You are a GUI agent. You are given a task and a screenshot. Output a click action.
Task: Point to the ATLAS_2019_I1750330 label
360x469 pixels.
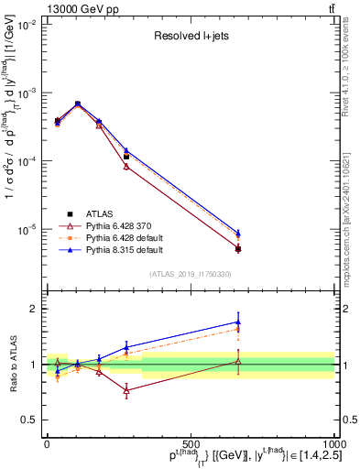point(191,274)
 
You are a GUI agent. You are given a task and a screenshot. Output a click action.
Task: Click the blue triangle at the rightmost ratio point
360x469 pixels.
point(238,322)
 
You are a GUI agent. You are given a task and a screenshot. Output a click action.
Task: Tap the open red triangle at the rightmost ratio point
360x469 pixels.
point(238,362)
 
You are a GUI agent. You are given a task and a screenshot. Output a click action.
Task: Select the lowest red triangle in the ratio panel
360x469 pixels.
point(126,390)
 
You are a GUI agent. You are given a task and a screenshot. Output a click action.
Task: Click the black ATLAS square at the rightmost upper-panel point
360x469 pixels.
point(238,248)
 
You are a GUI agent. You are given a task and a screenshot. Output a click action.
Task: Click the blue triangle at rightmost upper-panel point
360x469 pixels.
point(238,233)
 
